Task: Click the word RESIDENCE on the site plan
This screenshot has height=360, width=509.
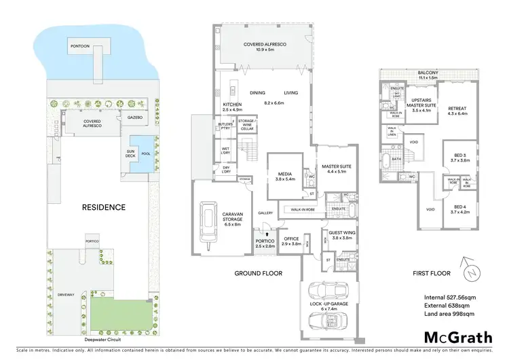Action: click(103, 207)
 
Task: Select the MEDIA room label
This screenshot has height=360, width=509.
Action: click(284, 175)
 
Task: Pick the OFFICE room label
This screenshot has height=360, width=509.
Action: click(292, 241)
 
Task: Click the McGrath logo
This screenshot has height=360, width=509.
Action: click(457, 337)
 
